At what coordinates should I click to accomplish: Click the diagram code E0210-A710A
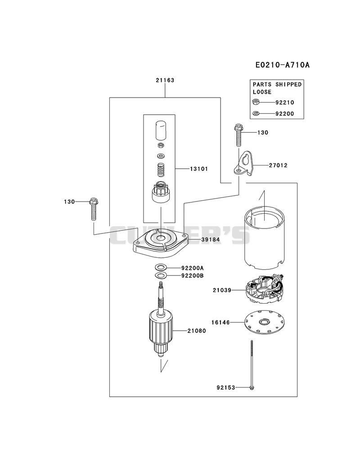coord(282,65)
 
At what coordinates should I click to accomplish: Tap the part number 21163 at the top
coord(165,80)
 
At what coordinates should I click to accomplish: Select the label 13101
coord(199,169)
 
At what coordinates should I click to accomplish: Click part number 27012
coord(278,165)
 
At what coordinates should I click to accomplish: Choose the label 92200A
coord(192,268)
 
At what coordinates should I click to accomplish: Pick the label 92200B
coord(192,275)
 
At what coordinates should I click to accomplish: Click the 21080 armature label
coord(197,331)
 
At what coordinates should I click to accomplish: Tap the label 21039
coord(222,290)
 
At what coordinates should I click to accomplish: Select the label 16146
coord(220,322)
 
